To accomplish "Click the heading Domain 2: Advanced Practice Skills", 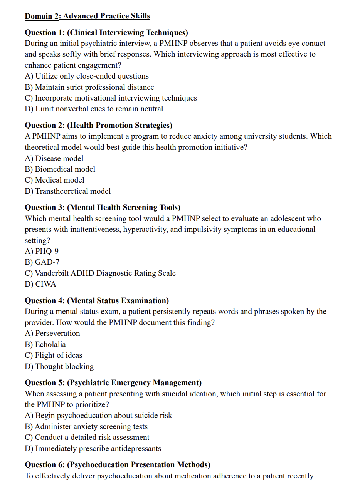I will coord(87,16).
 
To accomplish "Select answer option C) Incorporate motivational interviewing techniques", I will coord(111,98).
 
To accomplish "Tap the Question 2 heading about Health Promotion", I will coord(98,125).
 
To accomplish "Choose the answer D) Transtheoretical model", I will coord(68,191).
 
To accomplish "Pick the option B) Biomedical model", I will coord(60,169).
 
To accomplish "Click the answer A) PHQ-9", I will coord(42,251).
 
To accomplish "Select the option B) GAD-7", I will coord(42,262).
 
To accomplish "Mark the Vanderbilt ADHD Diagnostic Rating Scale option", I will coord(100,273).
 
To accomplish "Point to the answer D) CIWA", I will coord(40,284).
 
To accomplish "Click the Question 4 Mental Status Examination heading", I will coord(97,300).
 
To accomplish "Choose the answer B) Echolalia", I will coord(45,344).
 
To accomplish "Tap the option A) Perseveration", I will coord(52,333).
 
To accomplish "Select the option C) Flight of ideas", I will coord(54,355).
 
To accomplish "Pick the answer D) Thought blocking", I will coord(59,366).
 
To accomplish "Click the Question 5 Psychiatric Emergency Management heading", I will coord(113,382).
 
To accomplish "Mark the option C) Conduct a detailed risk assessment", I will coord(87,437).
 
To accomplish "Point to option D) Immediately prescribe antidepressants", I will coord(93,448).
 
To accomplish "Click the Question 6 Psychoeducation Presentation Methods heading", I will coord(118,464).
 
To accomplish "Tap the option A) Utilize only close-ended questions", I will coord(87,76).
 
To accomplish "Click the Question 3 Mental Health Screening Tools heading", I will coord(103,207).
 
